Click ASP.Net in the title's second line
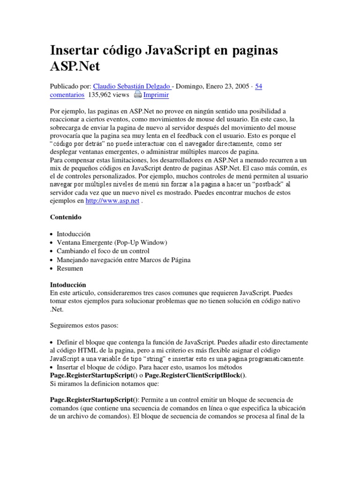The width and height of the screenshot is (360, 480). [x=75, y=66]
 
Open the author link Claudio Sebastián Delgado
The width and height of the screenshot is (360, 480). [x=133, y=86]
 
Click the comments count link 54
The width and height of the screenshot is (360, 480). [x=258, y=86]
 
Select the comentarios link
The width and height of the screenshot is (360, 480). [x=67, y=95]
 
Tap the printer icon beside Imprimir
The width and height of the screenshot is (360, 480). [x=137, y=95]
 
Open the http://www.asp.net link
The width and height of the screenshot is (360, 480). [x=112, y=201]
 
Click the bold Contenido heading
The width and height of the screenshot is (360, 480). [x=66, y=217]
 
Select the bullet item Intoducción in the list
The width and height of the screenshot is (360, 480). [x=74, y=234]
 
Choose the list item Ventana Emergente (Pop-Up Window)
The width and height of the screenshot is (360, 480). [x=112, y=242]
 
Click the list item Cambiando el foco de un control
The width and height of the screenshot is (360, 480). [x=104, y=251]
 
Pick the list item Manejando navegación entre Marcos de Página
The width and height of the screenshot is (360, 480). [x=123, y=260]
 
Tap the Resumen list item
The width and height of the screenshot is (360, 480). [x=70, y=269]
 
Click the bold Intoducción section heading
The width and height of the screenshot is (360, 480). [x=68, y=285]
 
